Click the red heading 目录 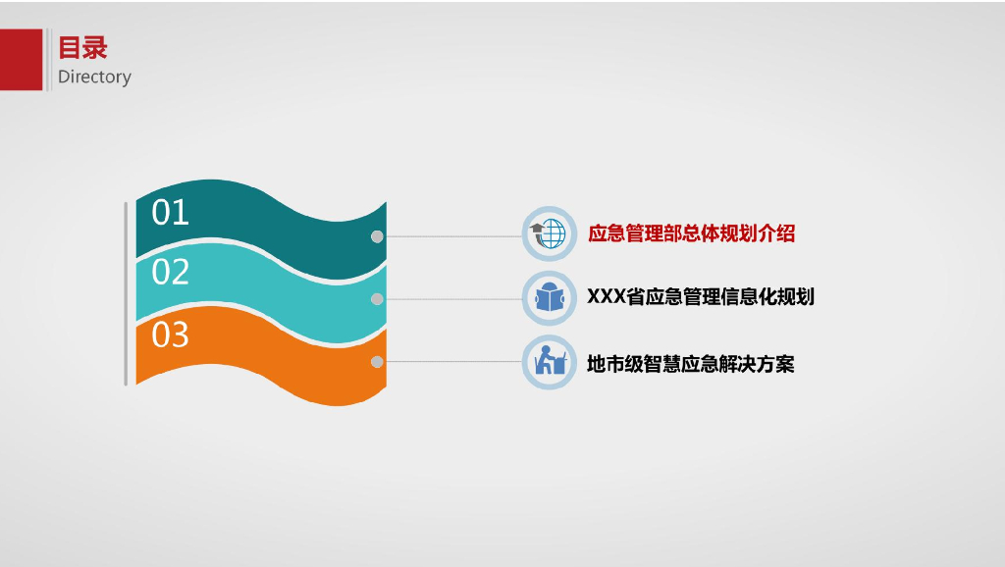coord(82,47)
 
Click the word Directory coord(94,77)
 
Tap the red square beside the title coord(21,60)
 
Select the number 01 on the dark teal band coord(170,213)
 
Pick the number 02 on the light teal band coord(170,272)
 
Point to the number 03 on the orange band coord(170,335)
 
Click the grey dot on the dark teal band coord(377,236)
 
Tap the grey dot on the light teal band coord(377,299)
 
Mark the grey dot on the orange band coord(377,362)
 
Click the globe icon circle coord(549,233)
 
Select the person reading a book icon coord(549,297)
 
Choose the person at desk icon coord(549,362)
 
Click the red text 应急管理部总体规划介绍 coord(691,233)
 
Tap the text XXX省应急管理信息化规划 coord(701,296)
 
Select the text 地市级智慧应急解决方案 coord(691,364)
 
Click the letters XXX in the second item coord(606,296)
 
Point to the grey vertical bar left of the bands coord(126,293)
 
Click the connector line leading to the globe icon coord(451,236)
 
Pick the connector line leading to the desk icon coord(451,362)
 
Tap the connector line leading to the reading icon coord(451,299)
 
